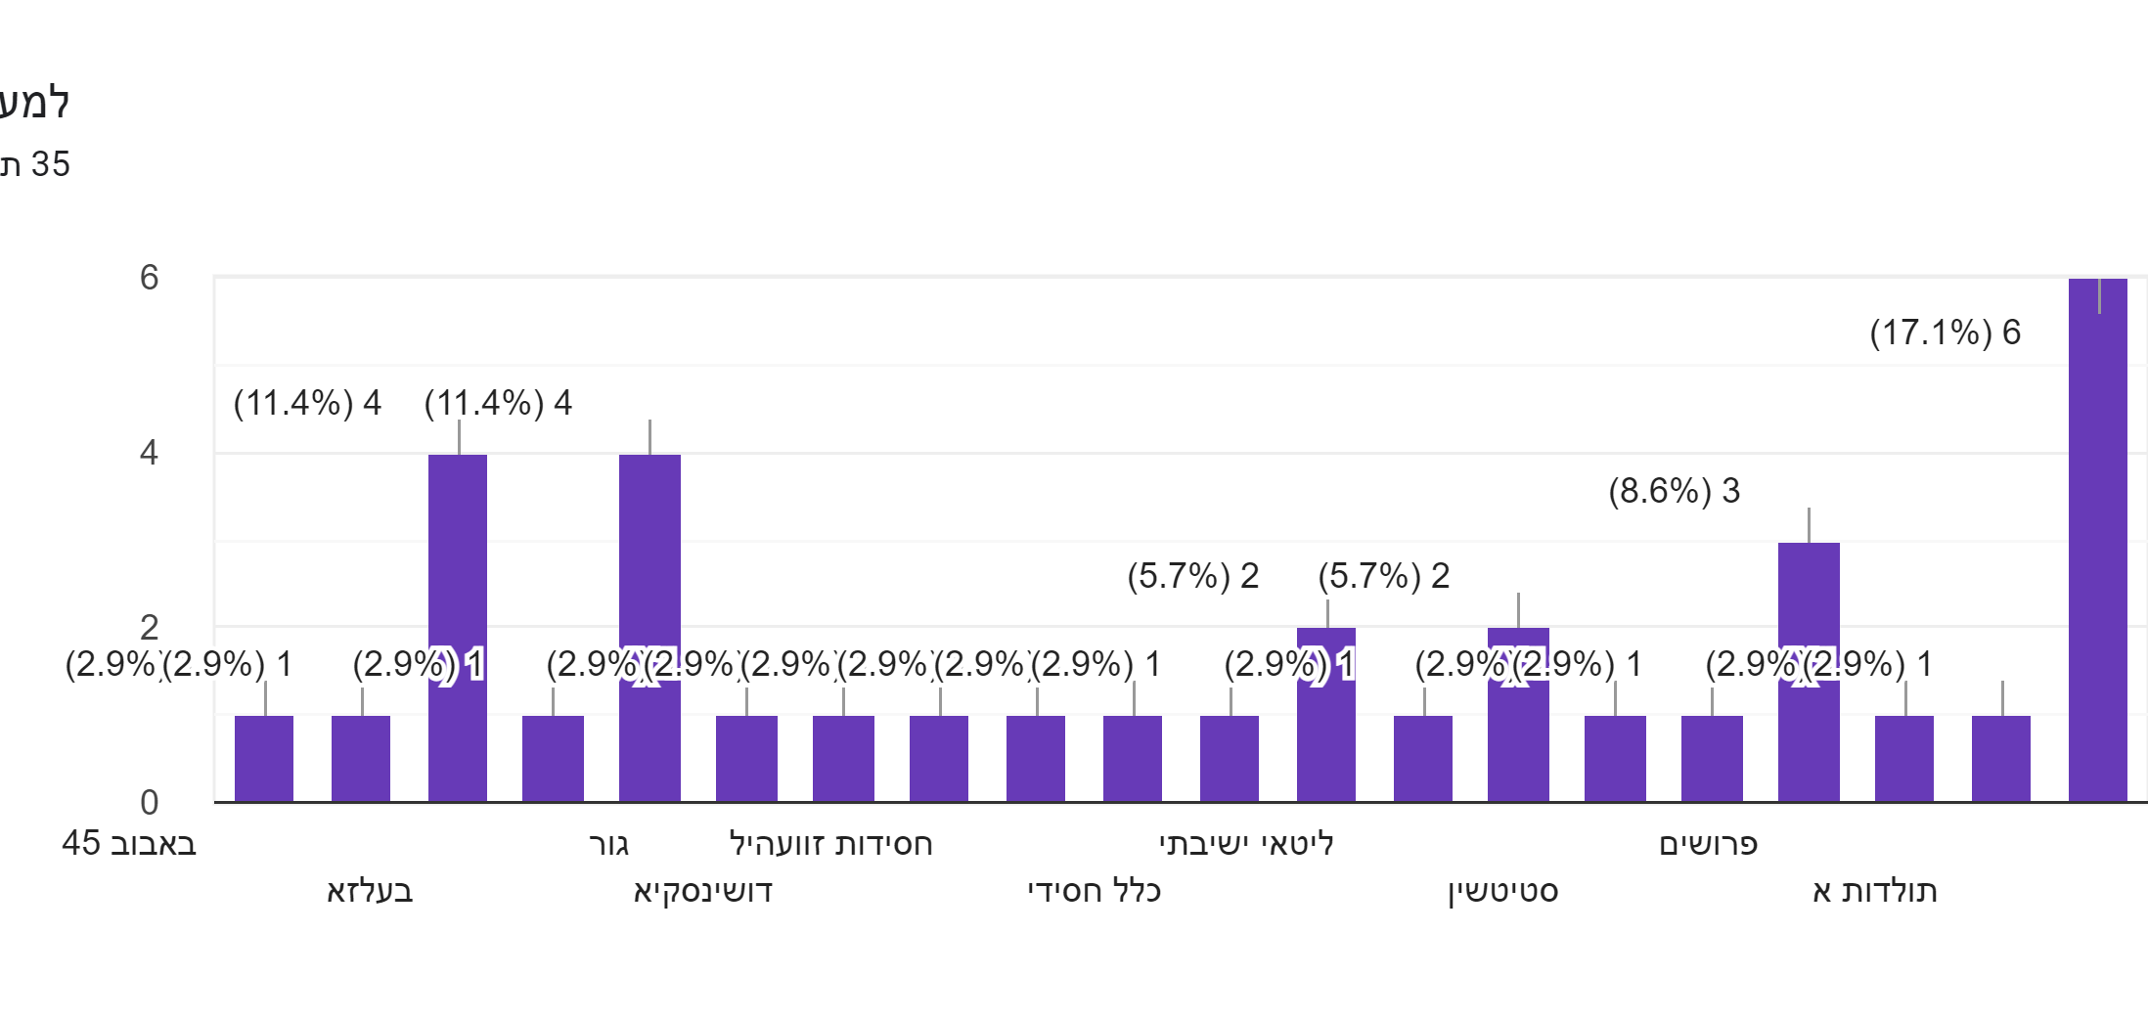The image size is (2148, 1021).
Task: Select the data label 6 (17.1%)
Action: coord(1945,333)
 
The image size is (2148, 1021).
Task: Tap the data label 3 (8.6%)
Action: coord(1674,491)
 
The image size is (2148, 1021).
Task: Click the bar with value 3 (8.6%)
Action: coord(1809,675)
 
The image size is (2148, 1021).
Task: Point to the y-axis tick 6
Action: coord(149,278)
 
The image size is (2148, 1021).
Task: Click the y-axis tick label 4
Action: coord(149,453)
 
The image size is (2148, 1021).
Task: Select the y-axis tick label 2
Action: coord(149,627)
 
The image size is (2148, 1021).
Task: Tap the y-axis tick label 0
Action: coord(149,803)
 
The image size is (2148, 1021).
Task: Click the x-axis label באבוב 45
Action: coord(129,844)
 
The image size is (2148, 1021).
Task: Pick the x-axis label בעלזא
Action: coord(370,891)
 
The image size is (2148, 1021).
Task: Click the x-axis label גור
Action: coord(608,844)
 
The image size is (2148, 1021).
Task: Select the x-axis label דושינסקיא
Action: coord(702,891)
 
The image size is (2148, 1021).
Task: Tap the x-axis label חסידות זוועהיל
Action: coord(830,844)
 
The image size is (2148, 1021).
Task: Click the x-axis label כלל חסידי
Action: coord(1094,891)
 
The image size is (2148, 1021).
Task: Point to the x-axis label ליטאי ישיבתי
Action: coord(1246,844)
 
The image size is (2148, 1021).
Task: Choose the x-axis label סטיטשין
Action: coord(1502,891)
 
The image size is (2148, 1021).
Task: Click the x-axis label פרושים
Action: coord(1708,844)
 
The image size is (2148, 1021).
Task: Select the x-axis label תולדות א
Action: coord(1874,891)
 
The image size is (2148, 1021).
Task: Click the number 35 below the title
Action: coord(50,164)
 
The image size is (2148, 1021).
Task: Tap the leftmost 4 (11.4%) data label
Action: coord(307,403)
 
